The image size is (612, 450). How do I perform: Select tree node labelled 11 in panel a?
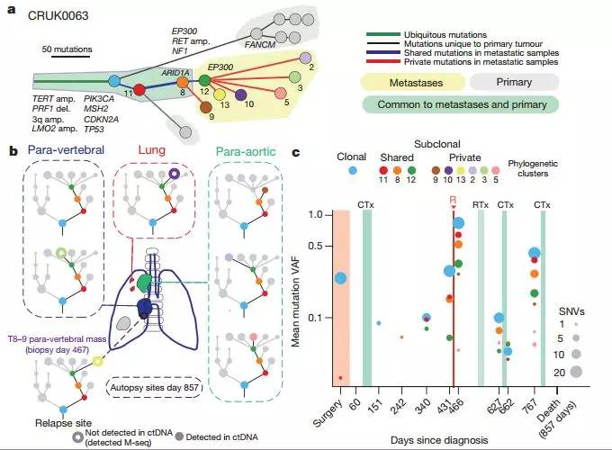(x=139, y=88)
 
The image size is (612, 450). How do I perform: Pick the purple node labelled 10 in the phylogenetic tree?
(x=241, y=93)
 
